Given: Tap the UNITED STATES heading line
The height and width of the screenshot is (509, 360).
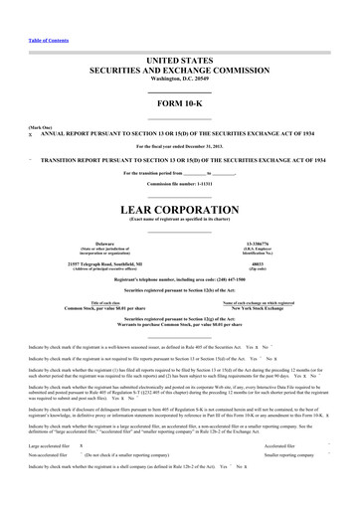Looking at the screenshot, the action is [x=179, y=61].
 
